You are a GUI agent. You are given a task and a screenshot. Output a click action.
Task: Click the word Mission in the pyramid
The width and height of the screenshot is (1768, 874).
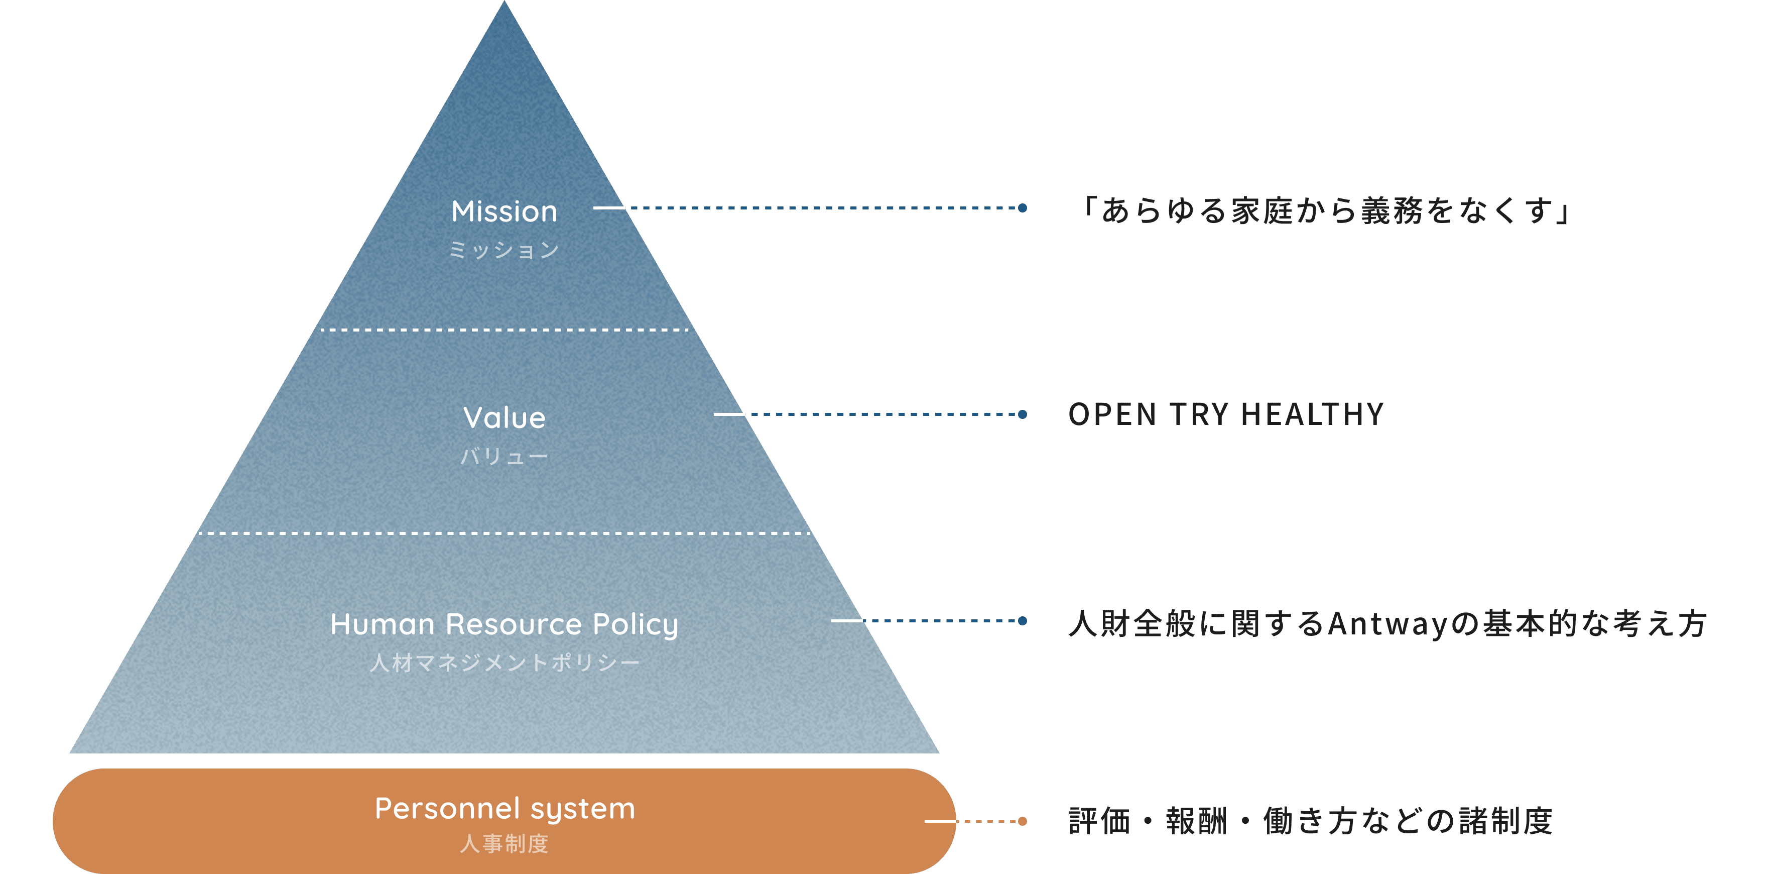tap(504, 211)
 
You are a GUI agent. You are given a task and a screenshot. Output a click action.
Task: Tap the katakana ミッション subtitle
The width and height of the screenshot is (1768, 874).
tap(504, 250)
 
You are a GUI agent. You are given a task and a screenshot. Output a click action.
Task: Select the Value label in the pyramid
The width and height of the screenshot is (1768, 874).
tap(504, 417)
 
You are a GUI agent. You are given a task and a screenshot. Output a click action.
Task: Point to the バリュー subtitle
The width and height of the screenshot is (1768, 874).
tap(504, 457)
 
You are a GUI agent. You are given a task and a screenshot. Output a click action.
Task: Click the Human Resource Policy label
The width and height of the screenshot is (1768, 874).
tap(504, 624)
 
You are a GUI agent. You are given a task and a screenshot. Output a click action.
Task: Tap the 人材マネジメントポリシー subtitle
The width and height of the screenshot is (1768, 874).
tap(504, 663)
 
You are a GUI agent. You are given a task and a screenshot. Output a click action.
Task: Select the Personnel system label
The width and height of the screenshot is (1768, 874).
tap(504, 808)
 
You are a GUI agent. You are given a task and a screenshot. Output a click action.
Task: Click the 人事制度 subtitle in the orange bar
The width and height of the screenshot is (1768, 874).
tap(504, 844)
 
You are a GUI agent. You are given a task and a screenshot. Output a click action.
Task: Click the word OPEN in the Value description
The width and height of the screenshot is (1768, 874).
tap(1112, 415)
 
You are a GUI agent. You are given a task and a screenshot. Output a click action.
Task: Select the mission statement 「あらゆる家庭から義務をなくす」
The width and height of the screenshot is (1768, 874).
tap(1325, 210)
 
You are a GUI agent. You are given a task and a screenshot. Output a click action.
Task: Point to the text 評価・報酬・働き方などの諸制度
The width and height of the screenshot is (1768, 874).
tap(1310, 821)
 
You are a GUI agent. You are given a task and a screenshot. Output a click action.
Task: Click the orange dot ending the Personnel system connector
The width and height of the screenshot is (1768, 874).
tap(1023, 821)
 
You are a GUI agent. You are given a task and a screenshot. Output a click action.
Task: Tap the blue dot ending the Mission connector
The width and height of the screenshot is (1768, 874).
tap(1023, 208)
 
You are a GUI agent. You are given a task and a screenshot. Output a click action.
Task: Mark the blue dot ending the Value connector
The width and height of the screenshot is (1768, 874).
tap(1023, 415)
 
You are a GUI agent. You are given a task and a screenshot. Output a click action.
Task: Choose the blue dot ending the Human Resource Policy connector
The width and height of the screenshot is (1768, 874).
tap(1023, 621)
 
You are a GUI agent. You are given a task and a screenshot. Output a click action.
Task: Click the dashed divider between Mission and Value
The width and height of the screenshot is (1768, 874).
tap(504, 330)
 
